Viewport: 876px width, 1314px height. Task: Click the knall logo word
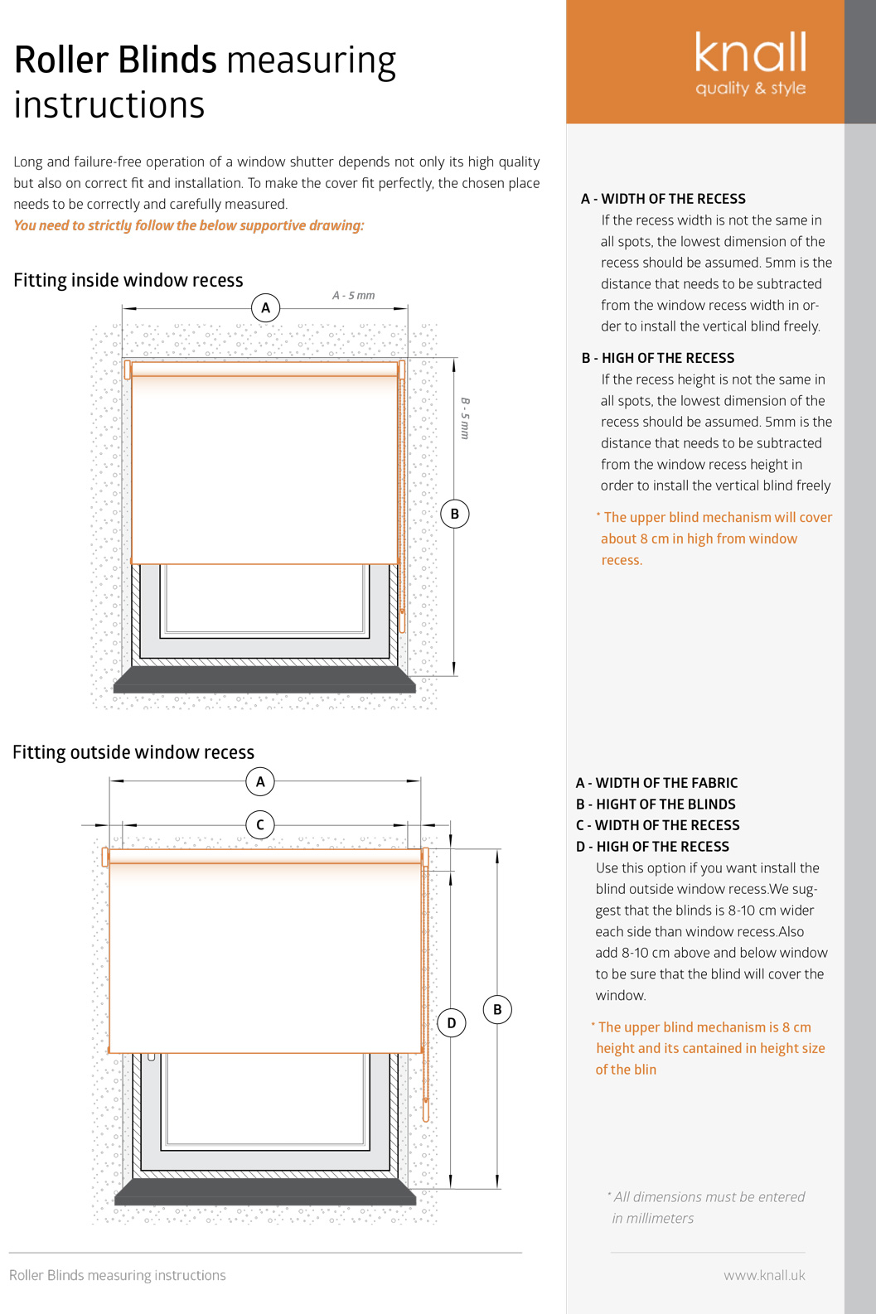[x=750, y=53]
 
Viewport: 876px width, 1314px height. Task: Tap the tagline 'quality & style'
[x=750, y=88]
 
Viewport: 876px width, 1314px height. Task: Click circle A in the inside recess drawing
[x=265, y=308]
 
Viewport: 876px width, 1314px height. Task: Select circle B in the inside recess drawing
[x=454, y=514]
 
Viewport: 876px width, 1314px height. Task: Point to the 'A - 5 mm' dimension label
[x=353, y=296]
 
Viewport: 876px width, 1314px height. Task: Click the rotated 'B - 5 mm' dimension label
[x=465, y=418]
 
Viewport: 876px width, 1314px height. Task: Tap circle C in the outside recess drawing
[x=260, y=825]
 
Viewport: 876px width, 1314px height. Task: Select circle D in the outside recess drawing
[x=451, y=1023]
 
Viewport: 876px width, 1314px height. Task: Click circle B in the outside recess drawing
[x=497, y=1009]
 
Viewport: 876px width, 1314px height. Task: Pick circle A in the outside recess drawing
[x=260, y=781]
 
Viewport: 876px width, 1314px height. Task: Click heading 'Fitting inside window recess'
[x=128, y=280]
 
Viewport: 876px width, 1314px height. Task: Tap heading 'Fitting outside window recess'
[x=133, y=752]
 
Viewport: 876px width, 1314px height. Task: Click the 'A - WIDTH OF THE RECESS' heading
[x=663, y=199]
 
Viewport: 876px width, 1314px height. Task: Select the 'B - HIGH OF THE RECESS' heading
[x=658, y=358]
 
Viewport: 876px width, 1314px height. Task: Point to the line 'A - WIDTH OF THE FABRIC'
[x=656, y=783]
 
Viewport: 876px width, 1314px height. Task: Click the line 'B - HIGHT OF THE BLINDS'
[x=656, y=804]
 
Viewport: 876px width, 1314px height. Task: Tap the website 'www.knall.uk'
[x=764, y=1275]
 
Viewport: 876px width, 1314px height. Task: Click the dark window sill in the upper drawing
[x=264, y=682]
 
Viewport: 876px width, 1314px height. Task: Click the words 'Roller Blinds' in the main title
[x=115, y=60]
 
